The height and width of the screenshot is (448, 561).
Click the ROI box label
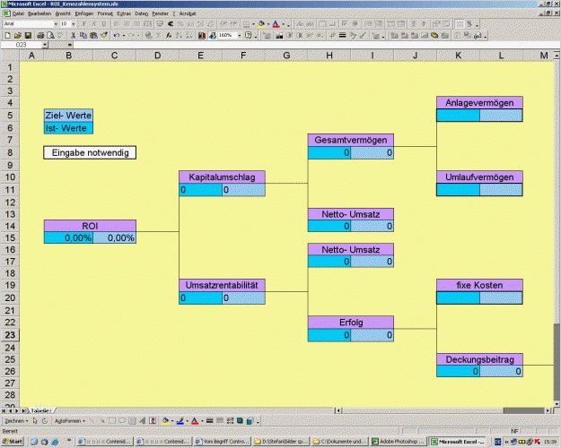pyautogui.click(x=90, y=226)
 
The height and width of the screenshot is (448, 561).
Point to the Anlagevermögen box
pyautogui.click(x=479, y=103)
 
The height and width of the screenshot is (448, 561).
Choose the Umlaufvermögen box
pyautogui.click(x=479, y=177)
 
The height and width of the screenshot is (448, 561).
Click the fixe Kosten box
pyautogui.click(x=479, y=286)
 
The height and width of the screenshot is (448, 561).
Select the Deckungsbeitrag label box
pyautogui.click(x=479, y=359)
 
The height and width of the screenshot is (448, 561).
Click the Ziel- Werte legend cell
pyautogui.click(x=68, y=116)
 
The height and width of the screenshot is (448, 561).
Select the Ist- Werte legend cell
pyautogui.click(x=68, y=128)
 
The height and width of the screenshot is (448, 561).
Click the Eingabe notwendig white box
pyautogui.click(x=90, y=153)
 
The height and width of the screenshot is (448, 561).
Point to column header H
pyautogui.click(x=329, y=56)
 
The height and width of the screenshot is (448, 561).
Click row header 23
pyautogui.click(x=11, y=334)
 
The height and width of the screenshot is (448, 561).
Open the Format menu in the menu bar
pyautogui.click(x=105, y=14)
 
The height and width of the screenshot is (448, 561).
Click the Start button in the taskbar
pyautogui.click(x=13, y=442)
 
